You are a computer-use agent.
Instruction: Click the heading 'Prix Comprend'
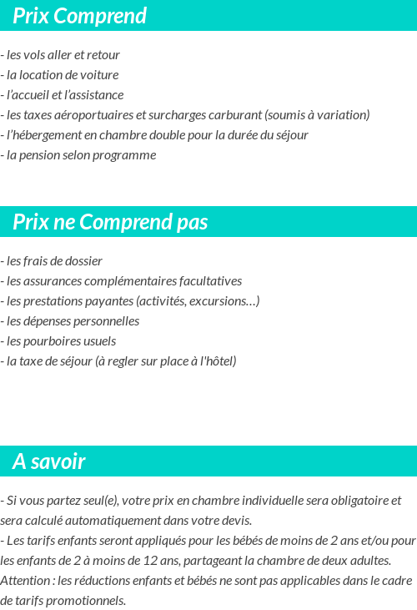pyautogui.click(x=80, y=16)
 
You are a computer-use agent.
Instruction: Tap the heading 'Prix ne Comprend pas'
pyautogui.click(x=110, y=222)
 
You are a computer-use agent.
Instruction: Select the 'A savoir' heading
pyautogui.click(x=49, y=461)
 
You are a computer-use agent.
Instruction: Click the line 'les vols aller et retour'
pyautogui.click(x=63, y=55)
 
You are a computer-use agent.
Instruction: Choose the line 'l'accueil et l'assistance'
pyautogui.click(x=64, y=95)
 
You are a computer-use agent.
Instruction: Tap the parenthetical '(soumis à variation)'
pyautogui.click(x=317, y=115)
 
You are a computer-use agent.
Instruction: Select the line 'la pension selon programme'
pyautogui.click(x=80, y=155)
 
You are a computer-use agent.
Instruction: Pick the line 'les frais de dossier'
pyautogui.click(x=53, y=261)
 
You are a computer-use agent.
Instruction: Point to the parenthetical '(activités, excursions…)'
pyautogui.click(x=198, y=301)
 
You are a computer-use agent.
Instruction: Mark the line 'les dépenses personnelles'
pyautogui.click(x=72, y=321)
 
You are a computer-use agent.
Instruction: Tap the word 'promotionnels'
pyautogui.click(x=87, y=601)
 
